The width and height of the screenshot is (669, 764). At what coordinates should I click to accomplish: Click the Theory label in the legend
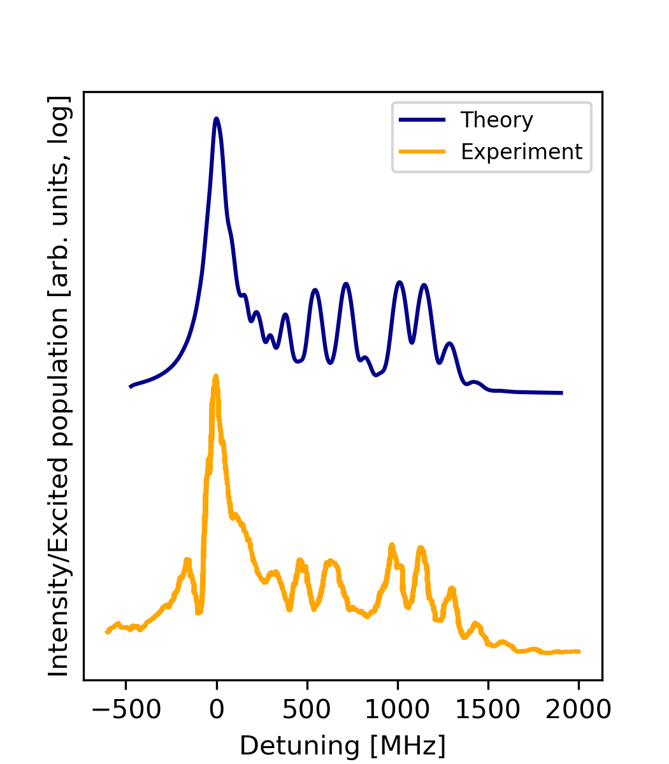click(496, 120)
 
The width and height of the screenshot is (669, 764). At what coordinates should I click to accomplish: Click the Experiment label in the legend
click(521, 152)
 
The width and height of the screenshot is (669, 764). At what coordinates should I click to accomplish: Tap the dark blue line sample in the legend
click(421, 120)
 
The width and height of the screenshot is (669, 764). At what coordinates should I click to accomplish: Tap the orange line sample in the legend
click(421, 152)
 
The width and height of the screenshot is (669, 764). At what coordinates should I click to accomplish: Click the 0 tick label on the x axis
click(217, 709)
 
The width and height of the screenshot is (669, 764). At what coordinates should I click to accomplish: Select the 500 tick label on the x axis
click(307, 709)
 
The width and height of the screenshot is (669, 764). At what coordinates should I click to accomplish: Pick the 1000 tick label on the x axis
click(398, 709)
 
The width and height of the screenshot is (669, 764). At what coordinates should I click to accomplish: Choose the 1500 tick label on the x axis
click(488, 709)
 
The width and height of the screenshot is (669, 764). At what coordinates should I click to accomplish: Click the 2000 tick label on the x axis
click(579, 709)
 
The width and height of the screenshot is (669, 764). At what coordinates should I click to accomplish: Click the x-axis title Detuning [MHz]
click(342, 746)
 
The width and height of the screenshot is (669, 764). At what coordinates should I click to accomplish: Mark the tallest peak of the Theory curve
click(217, 118)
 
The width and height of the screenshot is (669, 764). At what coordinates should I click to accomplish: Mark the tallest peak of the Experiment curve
click(215, 376)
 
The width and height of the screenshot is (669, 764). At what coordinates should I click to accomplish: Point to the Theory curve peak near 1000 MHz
click(399, 281)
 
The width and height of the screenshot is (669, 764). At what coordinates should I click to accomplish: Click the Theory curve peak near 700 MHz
click(345, 283)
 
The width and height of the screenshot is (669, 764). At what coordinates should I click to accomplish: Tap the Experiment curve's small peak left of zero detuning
click(187, 560)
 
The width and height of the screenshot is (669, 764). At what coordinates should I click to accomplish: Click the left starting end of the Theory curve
click(131, 386)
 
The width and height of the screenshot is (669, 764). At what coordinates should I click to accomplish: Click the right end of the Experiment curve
click(579, 651)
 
